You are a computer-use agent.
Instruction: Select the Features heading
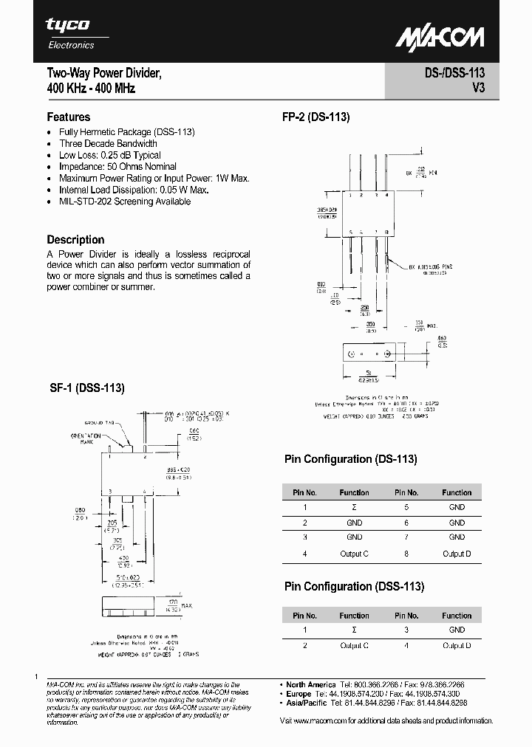point(69,117)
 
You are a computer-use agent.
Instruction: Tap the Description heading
point(75,240)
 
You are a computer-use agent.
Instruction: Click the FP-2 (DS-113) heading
point(316,117)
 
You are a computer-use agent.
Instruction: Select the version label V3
point(477,88)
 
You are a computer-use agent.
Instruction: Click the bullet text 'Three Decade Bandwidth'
point(108,143)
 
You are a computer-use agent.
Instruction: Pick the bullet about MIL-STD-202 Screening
point(125,202)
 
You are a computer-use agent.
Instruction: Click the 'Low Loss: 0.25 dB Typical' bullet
point(110,155)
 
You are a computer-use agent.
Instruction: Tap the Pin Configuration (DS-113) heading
point(351,458)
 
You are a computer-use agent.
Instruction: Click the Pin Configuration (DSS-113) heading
point(354,586)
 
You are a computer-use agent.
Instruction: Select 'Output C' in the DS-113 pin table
point(354,553)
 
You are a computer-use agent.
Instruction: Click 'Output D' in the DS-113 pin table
point(457,553)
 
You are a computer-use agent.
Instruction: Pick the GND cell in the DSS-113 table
point(457,630)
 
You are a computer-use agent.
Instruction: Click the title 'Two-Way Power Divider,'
point(104,74)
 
